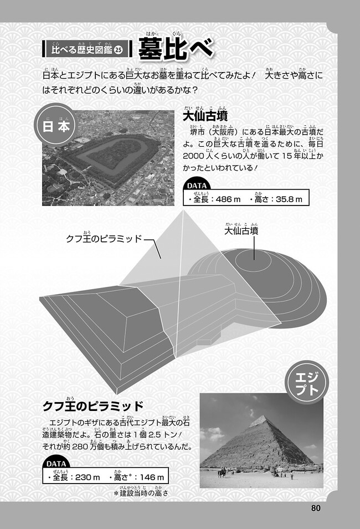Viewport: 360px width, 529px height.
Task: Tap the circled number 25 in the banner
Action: (x=119, y=50)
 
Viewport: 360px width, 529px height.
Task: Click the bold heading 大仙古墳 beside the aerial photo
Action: (x=205, y=116)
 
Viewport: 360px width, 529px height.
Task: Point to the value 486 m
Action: (x=228, y=199)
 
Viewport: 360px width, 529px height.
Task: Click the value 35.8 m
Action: (x=289, y=199)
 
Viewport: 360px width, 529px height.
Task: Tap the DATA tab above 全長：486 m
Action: (x=197, y=186)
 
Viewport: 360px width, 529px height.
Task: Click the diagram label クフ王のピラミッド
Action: (x=104, y=239)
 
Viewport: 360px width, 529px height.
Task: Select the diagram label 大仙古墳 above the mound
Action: (x=241, y=231)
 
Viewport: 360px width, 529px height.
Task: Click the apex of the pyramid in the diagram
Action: (x=184, y=210)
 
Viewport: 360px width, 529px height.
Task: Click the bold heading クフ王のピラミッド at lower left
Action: (x=93, y=406)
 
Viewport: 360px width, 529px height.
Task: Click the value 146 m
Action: (x=152, y=477)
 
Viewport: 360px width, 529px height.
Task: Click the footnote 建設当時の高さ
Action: (x=144, y=493)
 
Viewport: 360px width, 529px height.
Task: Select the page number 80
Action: (x=316, y=508)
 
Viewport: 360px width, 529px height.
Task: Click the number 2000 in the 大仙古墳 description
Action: (x=193, y=156)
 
